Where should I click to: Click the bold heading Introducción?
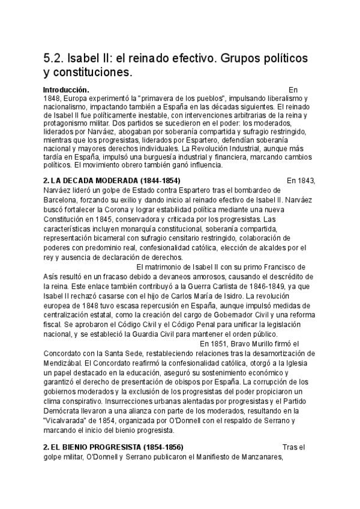click(66, 89)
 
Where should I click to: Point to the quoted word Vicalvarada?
click(68, 421)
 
